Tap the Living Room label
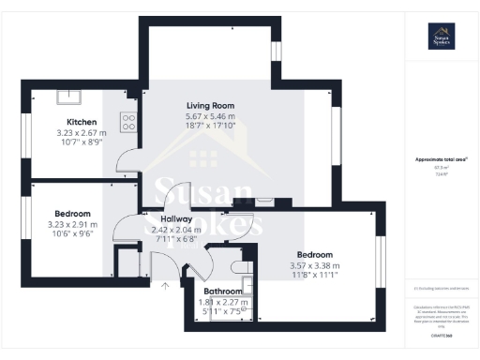tap(209, 105)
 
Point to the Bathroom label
tap(222, 292)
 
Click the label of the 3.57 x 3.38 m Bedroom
tap(315, 254)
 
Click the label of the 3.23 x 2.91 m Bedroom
tap(72, 214)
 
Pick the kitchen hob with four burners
tap(128, 122)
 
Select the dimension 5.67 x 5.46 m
tap(209, 115)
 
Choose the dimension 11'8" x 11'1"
tap(315, 275)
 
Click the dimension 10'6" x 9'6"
tap(72, 234)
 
